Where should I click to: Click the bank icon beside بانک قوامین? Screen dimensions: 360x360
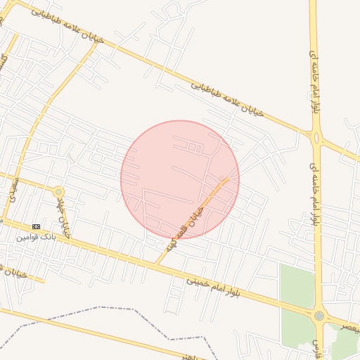[37, 226]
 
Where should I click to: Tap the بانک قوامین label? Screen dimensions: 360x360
[36, 237]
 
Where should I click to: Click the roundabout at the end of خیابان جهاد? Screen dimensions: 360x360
[58, 191]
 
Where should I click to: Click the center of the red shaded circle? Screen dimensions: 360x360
[180, 179]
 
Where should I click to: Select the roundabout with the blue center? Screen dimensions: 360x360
[320, 316]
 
